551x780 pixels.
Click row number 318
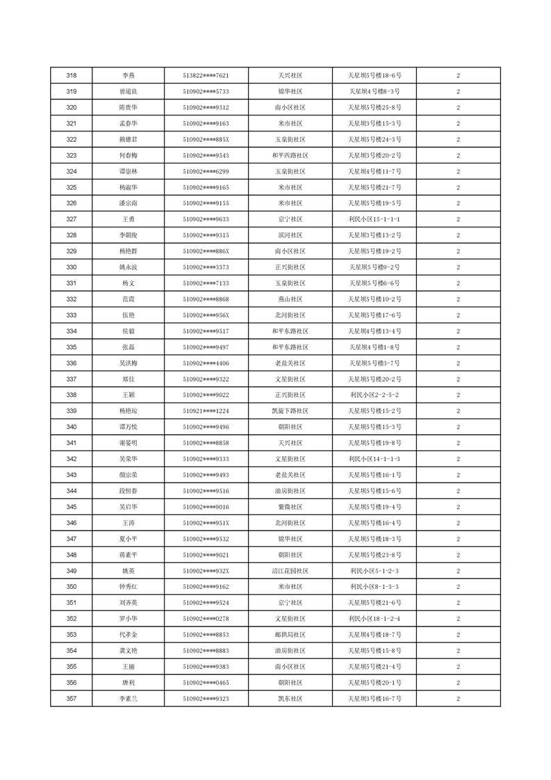pyautogui.click(x=71, y=76)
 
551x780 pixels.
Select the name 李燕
pyautogui.click(x=129, y=76)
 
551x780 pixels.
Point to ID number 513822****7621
pyautogui.click(x=206, y=76)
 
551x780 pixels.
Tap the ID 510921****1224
pyautogui.click(x=206, y=411)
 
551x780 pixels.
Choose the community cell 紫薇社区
pyautogui.click(x=290, y=507)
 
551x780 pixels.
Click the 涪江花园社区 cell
pyautogui.click(x=290, y=571)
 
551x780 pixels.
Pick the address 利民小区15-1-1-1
pyautogui.click(x=375, y=220)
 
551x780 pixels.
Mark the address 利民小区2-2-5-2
pyautogui.click(x=375, y=395)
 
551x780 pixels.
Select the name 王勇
pyautogui.click(x=129, y=220)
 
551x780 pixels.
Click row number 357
pyautogui.click(x=71, y=699)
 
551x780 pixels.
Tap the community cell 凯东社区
pyautogui.click(x=290, y=699)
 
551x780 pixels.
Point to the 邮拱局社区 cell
pyautogui.click(x=290, y=635)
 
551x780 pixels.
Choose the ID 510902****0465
pyautogui.click(x=206, y=683)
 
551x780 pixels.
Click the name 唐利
pyautogui.click(x=129, y=683)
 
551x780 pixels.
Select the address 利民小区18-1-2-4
pyautogui.click(x=375, y=619)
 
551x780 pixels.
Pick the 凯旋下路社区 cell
pyautogui.click(x=290, y=411)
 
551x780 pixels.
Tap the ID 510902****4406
pyautogui.click(x=206, y=363)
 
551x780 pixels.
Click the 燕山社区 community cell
pyautogui.click(x=290, y=299)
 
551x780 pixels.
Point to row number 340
pyautogui.click(x=71, y=427)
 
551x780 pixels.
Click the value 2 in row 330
pyautogui.click(x=458, y=267)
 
